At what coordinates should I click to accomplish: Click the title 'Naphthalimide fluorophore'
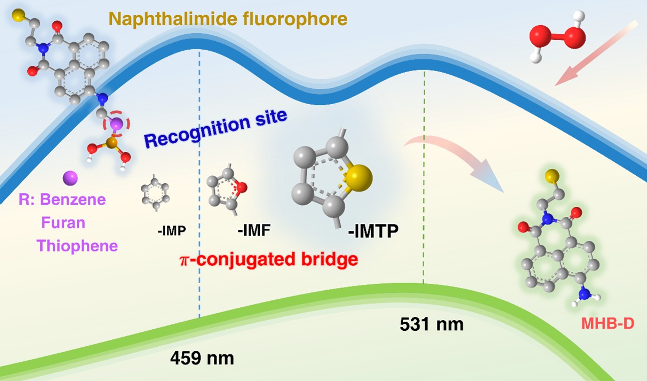(228, 19)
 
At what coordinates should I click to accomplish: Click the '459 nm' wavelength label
(202, 357)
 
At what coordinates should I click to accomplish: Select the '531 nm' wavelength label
(431, 324)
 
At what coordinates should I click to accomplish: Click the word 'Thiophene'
(77, 246)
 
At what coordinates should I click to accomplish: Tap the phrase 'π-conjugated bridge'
(267, 260)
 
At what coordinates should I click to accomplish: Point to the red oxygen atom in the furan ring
(241, 187)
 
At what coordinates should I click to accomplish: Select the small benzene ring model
(155, 192)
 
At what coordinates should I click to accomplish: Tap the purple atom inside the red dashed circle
(116, 124)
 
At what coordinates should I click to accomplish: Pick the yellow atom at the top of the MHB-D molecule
(552, 175)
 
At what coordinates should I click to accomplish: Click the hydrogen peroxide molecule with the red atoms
(557, 37)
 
